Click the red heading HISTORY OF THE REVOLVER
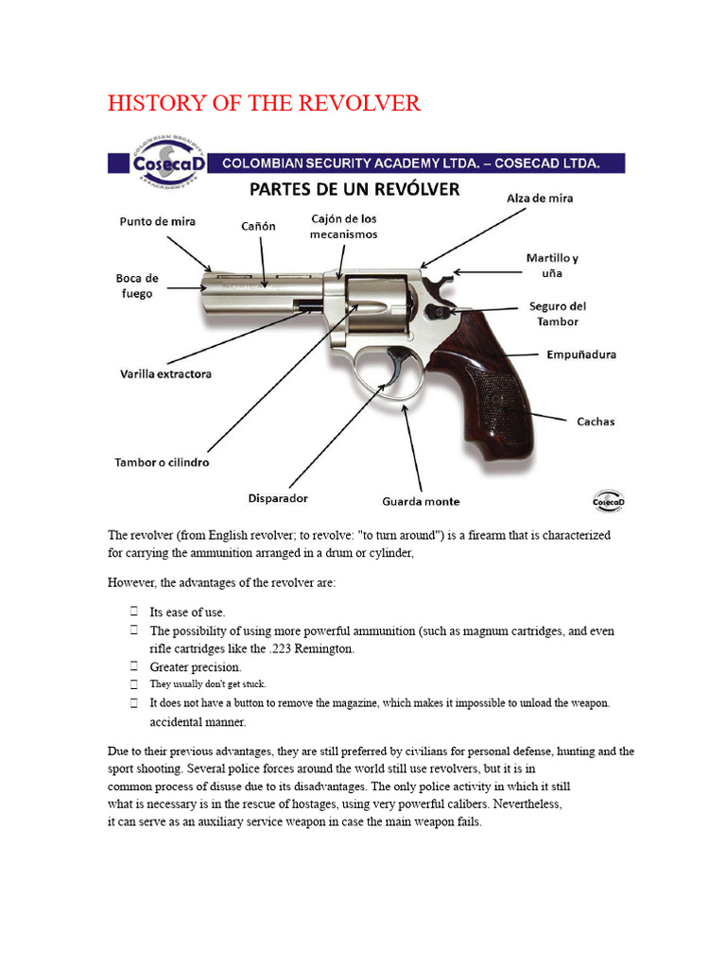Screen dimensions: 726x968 click(265, 102)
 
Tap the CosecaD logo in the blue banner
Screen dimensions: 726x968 click(168, 162)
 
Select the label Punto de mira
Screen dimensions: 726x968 click(158, 221)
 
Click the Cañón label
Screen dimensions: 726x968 click(258, 226)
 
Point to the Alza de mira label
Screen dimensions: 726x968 click(540, 199)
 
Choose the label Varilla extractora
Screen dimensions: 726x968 click(165, 373)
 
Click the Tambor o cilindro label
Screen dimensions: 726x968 click(162, 461)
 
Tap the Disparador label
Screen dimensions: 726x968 click(278, 498)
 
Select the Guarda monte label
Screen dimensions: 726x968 click(421, 501)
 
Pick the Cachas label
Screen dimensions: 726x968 click(596, 422)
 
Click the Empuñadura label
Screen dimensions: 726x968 click(581, 354)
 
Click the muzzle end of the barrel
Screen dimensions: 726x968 click(204, 287)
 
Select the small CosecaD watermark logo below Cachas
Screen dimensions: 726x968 click(608, 501)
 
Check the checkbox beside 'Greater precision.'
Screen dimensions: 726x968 click(134, 666)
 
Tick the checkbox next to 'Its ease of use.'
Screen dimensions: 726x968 click(134, 612)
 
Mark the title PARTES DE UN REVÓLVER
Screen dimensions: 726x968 click(354, 189)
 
